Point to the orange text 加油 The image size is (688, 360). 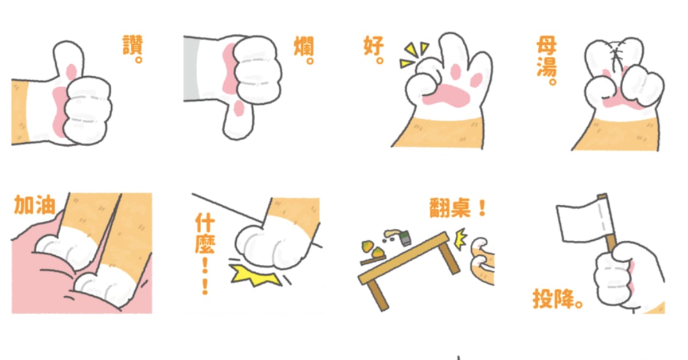click(34, 205)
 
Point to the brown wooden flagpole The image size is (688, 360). click(608, 229)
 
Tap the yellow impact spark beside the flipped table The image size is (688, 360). click(460, 239)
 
